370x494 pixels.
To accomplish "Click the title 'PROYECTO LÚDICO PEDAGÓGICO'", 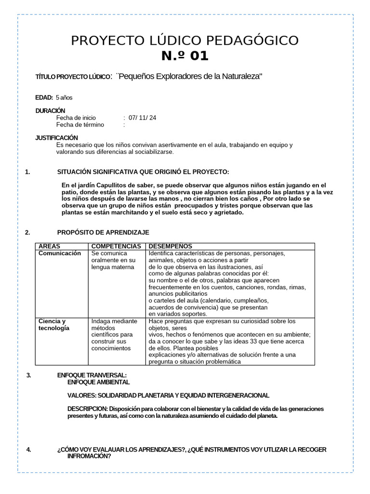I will pyautogui.click(x=185, y=41).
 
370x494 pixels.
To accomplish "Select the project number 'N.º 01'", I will pyautogui.click(x=185, y=56).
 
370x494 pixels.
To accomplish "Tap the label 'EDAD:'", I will pyautogui.click(x=44, y=97).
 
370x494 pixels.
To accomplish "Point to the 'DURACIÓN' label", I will pyautogui.click(x=50, y=110).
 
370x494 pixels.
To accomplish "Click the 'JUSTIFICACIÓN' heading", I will pyautogui.click(x=56, y=137).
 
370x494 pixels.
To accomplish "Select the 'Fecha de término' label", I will pyautogui.click(x=80, y=124).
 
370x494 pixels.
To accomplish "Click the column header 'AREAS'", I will pyautogui.click(x=50, y=246).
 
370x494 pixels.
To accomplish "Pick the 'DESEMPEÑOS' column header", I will pyautogui.click(x=170, y=246).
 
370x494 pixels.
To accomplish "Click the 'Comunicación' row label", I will pyautogui.click(x=59, y=253).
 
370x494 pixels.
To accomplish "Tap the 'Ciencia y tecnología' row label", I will pyautogui.click(x=53, y=325).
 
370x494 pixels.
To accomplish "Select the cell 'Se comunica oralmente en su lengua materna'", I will pyautogui.click(x=114, y=261).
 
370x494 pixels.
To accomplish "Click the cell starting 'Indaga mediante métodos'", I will pyautogui.click(x=114, y=334).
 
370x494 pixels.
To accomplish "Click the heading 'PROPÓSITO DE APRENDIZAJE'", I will pyautogui.click(x=103, y=233).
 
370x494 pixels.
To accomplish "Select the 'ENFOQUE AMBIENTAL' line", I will pyautogui.click(x=98, y=382).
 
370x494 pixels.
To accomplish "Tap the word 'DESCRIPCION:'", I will pyautogui.click(x=88, y=409).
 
